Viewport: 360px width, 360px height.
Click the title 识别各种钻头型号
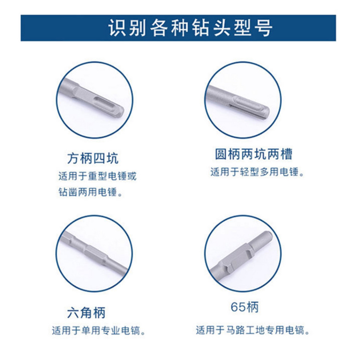tap(191, 28)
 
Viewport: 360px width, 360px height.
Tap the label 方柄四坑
tap(93, 158)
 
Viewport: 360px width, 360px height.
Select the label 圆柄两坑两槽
tap(254, 154)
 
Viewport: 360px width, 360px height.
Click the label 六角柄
tap(86, 312)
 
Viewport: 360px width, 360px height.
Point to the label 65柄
tap(245, 307)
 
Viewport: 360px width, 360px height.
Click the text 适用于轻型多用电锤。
tap(257, 172)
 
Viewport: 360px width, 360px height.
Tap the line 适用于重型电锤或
tap(97, 176)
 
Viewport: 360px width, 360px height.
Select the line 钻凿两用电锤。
tap(90, 192)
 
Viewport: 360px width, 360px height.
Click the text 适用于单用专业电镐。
tap(99, 331)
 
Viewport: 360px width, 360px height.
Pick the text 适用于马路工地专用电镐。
tap(253, 331)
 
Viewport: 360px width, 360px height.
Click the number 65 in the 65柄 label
tap(238, 307)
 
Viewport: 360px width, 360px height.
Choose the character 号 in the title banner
tap(264, 28)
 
